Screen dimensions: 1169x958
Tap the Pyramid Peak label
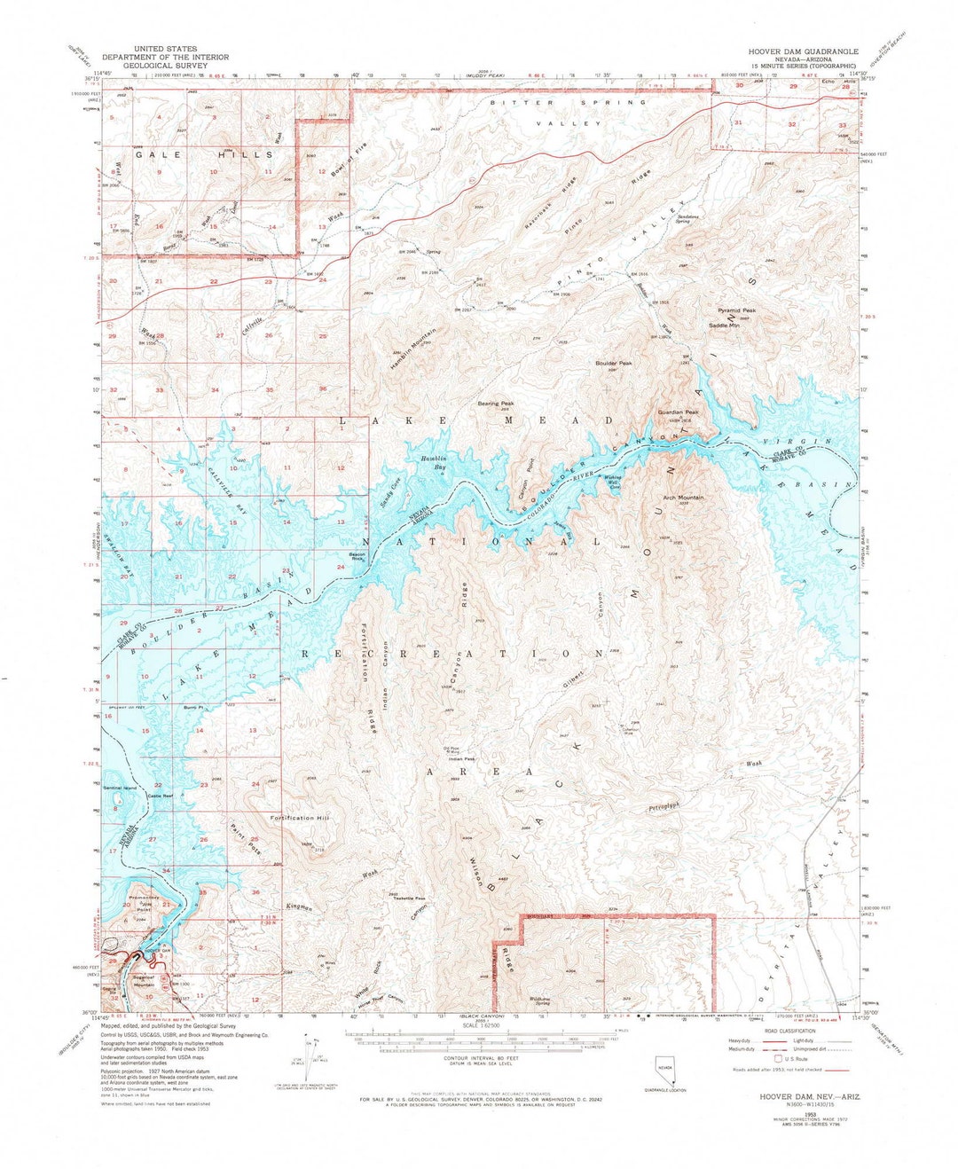[x=736, y=311]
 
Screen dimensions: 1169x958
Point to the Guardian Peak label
[x=678, y=412]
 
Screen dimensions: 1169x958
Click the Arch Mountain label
[x=684, y=498]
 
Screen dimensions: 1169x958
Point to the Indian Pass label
[x=462, y=758]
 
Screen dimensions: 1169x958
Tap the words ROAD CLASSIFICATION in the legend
[x=809, y=1032]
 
